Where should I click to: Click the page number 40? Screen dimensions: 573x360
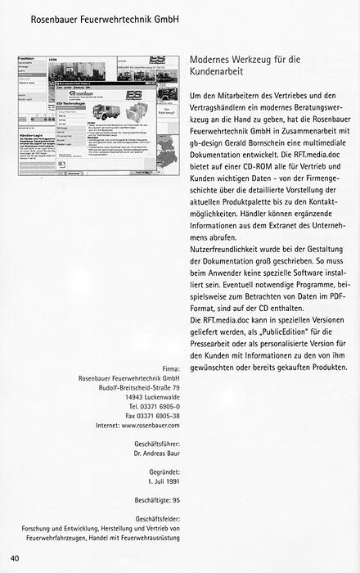[x=16, y=558]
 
